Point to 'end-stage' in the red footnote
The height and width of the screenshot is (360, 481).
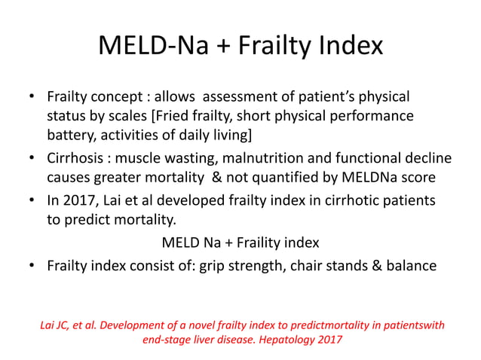(168, 339)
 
